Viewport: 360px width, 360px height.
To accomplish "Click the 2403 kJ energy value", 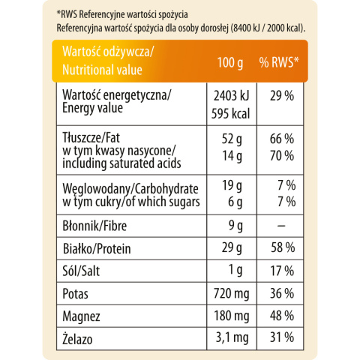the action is click(232, 96).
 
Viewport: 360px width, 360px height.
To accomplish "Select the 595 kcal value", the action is click(231, 114).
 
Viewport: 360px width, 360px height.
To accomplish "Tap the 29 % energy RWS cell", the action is click(282, 96).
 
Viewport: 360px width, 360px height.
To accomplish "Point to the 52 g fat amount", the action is click(232, 139).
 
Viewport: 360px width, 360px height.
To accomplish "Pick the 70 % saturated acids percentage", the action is click(282, 155).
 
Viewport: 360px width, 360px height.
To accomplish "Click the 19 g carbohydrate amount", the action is click(232, 186).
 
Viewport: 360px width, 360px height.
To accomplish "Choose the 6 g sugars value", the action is click(235, 202).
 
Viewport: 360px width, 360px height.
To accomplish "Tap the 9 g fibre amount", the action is click(235, 226).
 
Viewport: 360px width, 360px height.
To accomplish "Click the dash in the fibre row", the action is click(281, 226).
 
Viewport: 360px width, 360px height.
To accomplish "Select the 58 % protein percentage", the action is click(283, 247).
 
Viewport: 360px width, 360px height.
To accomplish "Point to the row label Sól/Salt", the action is click(81, 271).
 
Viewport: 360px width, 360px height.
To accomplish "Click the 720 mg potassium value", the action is click(232, 293).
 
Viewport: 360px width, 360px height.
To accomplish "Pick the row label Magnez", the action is click(81, 316).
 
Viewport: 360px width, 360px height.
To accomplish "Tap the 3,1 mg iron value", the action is click(232, 338).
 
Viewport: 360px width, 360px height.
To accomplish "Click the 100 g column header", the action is click(230, 62).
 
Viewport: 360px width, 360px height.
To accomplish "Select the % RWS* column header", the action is click(279, 62).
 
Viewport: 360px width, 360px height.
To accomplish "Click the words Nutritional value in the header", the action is click(102, 70).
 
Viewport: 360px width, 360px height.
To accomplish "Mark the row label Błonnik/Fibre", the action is click(94, 226).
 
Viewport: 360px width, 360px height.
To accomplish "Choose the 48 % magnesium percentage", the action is click(282, 316).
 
